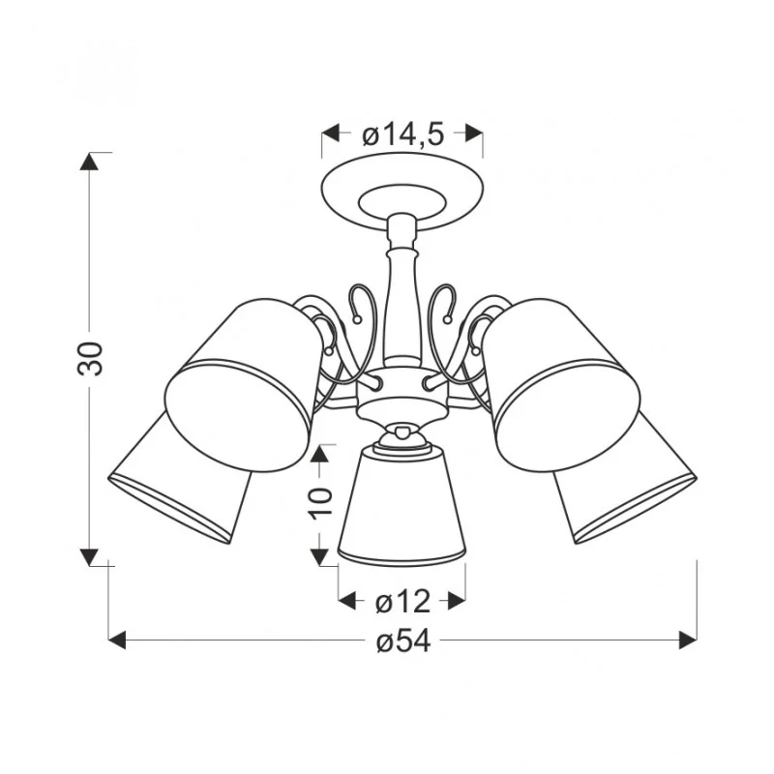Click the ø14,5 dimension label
click(x=403, y=134)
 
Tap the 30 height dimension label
click(x=90, y=358)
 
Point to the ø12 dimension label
click(x=402, y=602)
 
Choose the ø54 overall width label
click(x=403, y=641)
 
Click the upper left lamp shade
click(x=243, y=385)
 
